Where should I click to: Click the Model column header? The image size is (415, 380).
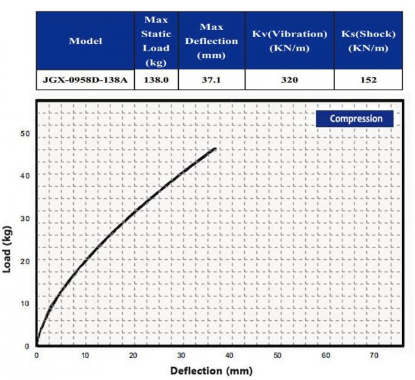[x=85, y=41]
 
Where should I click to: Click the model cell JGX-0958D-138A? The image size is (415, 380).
[x=85, y=80]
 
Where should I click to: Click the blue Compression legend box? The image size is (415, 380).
[x=356, y=118]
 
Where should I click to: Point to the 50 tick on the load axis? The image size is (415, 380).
[x=25, y=133]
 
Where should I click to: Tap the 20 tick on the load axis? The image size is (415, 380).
[x=25, y=260]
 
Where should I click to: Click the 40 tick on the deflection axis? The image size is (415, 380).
[x=229, y=355]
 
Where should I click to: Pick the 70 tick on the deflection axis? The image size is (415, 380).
[x=374, y=355]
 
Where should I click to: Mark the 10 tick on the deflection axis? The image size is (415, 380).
[x=85, y=355]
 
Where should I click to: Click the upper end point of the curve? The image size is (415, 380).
[x=215, y=148]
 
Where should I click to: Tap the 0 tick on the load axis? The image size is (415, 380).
[x=26, y=346]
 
